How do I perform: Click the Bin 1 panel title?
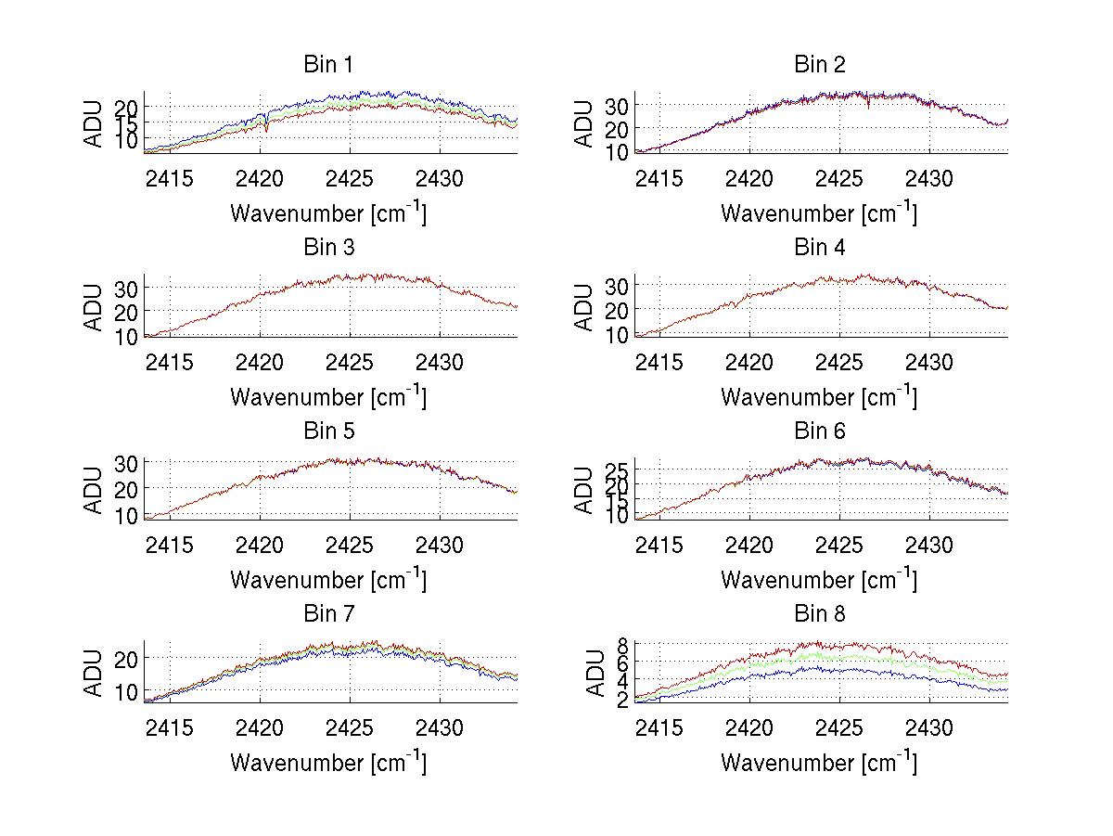tap(328, 65)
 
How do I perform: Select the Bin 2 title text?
tap(820, 65)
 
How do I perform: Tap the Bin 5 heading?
tap(328, 431)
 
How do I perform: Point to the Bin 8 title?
tap(820, 614)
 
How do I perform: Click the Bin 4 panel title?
tap(820, 248)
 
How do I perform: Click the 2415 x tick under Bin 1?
tap(170, 178)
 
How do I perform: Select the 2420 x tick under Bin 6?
tap(750, 544)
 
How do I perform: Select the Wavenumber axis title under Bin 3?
tap(328, 396)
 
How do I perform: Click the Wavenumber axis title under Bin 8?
tap(820, 763)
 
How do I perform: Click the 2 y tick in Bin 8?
tap(624, 698)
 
